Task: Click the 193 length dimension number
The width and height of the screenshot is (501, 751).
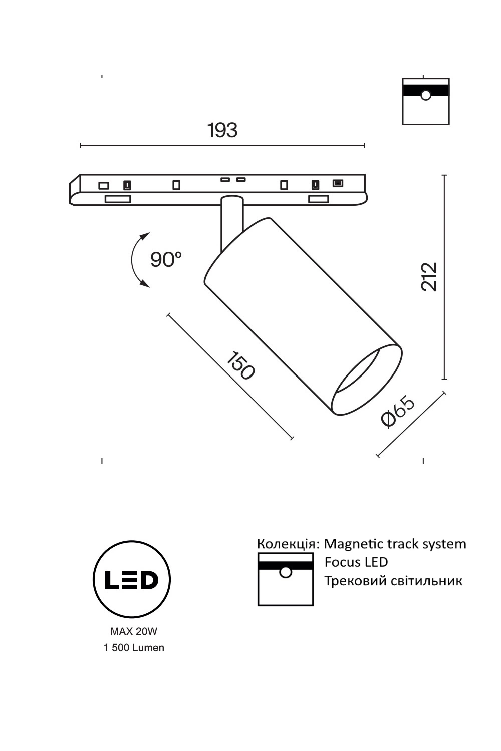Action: [222, 130]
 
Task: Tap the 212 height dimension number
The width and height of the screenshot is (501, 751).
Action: [429, 276]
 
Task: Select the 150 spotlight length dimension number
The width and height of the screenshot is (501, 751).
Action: [240, 365]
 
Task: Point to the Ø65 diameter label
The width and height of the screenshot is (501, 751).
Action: [398, 412]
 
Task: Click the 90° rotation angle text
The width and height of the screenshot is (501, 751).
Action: [166, 259]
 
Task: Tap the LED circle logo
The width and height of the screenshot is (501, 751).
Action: [132, 579]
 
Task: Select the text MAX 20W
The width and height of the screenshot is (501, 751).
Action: [133, 632]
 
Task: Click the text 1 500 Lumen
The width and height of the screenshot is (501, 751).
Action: [134, 648]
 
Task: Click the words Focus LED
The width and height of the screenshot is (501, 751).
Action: [356, 562]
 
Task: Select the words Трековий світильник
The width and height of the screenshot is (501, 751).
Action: [393, 581]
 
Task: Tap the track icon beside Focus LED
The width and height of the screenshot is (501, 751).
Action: [286, 579]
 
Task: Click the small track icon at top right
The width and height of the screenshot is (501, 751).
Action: [426, 101]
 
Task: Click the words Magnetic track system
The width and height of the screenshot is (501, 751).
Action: [395, 544]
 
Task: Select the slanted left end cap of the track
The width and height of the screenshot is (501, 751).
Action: [75, 190]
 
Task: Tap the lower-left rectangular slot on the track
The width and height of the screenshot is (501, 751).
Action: [118, 199]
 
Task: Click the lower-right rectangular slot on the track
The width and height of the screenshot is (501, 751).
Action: [318, 199]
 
